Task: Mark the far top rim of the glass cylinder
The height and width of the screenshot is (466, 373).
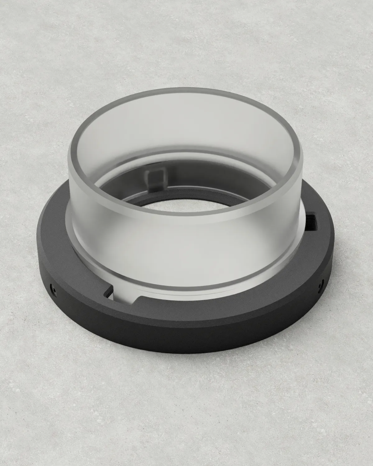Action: [x=186, y=90]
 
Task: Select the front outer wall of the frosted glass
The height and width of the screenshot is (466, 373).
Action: [x=186, y=252]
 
